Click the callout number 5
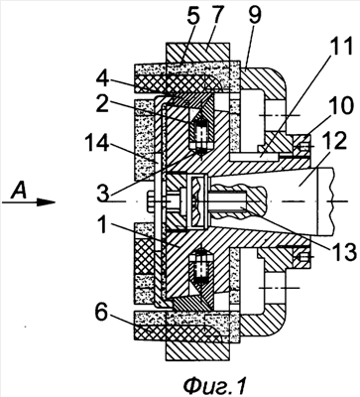pyautogui.click(x=192, y=21)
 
